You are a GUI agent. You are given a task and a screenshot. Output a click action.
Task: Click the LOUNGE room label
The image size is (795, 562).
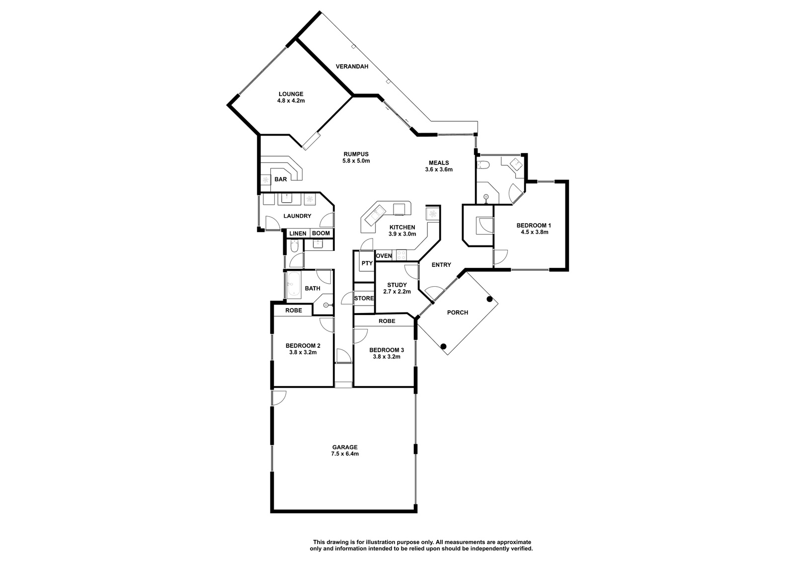[291, 94]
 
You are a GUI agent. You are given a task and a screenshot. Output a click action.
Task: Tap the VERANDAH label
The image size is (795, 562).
[352, 67]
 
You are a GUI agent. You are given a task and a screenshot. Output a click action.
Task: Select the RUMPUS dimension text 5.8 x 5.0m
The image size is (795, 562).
[356, 161]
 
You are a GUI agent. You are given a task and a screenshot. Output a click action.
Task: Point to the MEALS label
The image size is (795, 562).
[439, 163]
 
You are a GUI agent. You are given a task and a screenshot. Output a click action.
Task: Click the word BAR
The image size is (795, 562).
[281, 179]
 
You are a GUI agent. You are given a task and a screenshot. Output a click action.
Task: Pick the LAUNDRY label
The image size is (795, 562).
[298, 216]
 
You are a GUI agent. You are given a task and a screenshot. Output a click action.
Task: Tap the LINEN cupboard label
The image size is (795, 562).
[298, 234]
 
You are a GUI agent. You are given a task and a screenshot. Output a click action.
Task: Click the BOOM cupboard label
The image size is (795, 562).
[321, 233]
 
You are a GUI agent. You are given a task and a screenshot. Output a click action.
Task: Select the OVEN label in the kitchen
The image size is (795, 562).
[384, 256]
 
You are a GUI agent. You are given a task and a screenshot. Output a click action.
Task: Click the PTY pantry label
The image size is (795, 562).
[367, 263]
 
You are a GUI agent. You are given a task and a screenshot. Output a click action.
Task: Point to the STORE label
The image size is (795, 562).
[364, 298]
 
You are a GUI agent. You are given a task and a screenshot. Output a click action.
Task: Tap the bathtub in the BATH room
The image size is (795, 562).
[293, 285]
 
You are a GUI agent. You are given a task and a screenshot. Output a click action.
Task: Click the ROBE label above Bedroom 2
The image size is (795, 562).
[294, 310]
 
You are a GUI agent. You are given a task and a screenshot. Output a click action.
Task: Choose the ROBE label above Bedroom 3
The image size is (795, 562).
[387, 321]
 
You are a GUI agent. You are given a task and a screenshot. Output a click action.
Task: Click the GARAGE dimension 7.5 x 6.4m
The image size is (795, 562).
[345, 454]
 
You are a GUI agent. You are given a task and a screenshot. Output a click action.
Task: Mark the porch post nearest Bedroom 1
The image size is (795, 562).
[489, 299]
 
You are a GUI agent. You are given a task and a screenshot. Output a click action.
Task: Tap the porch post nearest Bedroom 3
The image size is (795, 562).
[443, 346]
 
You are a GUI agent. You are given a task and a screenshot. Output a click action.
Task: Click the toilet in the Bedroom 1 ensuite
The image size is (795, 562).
[483, 165]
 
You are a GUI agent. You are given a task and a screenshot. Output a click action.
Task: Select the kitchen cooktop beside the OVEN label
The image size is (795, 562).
[401, 255]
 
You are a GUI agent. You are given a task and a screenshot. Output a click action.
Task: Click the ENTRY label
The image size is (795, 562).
[441, 265]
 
